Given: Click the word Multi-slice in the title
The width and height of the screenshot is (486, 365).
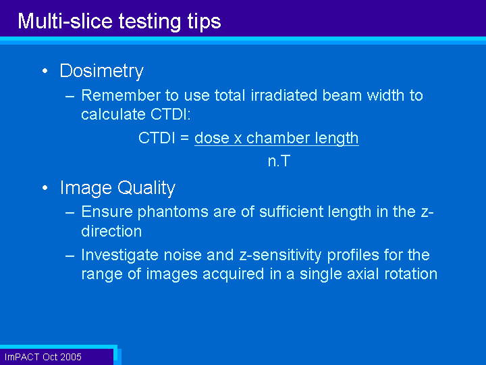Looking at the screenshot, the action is tap(65, 21).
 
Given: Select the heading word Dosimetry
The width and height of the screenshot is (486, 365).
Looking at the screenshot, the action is tap(102, 71).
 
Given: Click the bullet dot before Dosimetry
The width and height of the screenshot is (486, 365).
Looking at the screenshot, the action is tap(45, 71).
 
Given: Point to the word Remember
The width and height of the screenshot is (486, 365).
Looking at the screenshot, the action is tap(121, 95).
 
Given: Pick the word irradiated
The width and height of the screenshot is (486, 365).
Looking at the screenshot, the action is tap(284, 95).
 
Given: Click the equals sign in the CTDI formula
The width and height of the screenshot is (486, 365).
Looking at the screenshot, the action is tap(185, 138).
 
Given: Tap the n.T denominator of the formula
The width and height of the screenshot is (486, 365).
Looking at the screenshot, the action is tap(279, 161).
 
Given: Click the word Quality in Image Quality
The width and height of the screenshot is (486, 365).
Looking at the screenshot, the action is tap(146, 189).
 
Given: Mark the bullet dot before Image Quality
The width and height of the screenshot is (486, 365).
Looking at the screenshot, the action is tap(45, 188).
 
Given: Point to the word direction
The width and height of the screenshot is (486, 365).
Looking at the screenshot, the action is tap(111, 231).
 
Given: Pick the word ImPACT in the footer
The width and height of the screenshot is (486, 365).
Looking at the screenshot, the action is tap(22, 357).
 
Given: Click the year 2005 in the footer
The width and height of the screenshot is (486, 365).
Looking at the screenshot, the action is tap(71, 357).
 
